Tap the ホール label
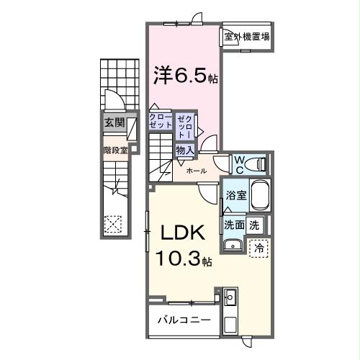coord(197,171)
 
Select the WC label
coord(238,163)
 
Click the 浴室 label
coord(235,195)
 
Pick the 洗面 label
coord(233,224)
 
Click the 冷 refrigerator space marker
coord(258,247)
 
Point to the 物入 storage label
coord(185,150)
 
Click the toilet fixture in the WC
coord(256,164)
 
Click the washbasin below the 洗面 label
coord(233,246)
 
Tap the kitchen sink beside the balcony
coord(231,297)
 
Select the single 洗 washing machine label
coord(254,224)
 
